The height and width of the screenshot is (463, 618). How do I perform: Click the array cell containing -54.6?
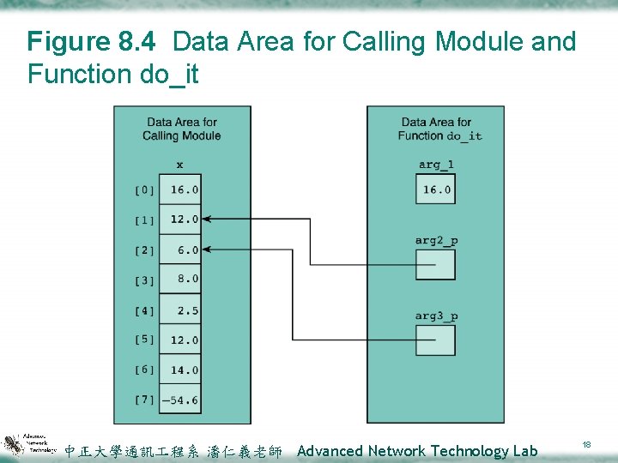pyautogui.click(x=182, y=400)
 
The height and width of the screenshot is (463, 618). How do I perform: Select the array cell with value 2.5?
pyautogui.click(x=182, y=310)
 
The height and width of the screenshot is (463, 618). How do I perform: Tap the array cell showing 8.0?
pyautogui.click(x=182, y=279)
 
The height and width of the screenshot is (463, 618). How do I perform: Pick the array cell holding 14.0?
pyautogui.click(x=182, y=370)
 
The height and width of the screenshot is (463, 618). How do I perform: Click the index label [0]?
pyautogui.click(x=144, y=190)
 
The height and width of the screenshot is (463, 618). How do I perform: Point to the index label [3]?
pyautogui.click(x=144, y=280)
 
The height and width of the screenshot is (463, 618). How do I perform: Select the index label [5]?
pyautogui.click(x=144, y=340)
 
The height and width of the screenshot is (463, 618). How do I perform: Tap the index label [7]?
pyautogui.click(x=144, y=400)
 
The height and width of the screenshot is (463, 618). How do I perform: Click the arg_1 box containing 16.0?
pyautogui.click(x=435, y=189)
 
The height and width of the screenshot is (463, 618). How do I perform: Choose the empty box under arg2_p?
pyautogui.click(x=435, y=265)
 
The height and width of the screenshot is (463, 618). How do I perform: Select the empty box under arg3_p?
pyautogui.click(x=435, y=340)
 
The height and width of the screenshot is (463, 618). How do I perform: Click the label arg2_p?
pyautogui.click(x=436, y=240)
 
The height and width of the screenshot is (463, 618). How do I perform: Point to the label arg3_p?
pyautogui.click(x=436, y=316)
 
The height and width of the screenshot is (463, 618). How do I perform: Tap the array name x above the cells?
pyautogui.click(x=179, y=165)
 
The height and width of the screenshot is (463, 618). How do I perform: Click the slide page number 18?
pyautogui.click(x=587, y=445)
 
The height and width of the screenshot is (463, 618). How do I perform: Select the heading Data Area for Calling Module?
pyautogui.click(x=182, y=129)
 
